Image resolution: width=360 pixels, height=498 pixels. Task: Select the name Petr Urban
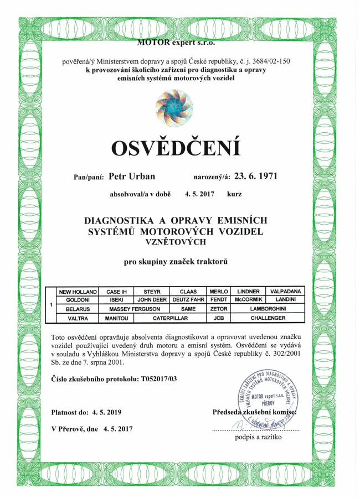point(132,177)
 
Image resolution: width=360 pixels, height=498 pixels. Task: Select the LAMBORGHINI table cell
point(268,309)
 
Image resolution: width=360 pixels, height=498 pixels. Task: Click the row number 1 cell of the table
point(51,305)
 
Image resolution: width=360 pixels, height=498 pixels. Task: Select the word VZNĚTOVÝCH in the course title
point(175,242)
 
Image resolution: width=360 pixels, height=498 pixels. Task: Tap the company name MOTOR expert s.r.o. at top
point(175,42)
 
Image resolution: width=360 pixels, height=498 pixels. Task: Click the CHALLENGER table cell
point(268,318)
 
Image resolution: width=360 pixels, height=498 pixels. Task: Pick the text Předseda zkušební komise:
point(255,412)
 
